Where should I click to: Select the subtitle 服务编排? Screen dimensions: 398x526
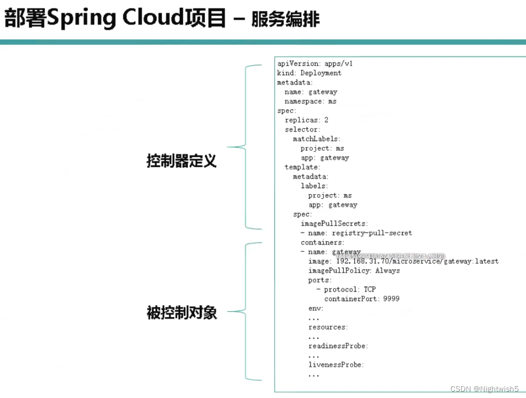285,19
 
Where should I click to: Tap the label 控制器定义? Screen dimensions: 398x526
181,161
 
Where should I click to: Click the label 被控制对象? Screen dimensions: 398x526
181,313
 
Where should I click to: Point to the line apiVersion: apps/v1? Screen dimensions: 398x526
315,64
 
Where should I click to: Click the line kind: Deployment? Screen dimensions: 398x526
309,73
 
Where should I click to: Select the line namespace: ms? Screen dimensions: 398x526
310,101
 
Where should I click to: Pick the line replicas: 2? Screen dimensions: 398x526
306,120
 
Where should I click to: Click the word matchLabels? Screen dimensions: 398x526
316,139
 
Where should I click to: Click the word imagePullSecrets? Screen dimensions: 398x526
333,224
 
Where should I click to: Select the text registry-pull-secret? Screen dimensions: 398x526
371,233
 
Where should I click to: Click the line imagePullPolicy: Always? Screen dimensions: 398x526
354,271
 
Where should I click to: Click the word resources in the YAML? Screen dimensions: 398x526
327,327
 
